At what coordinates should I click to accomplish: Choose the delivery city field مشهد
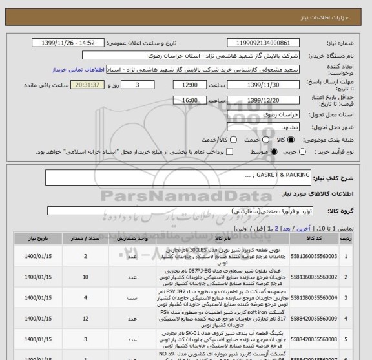tap(270, 127)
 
